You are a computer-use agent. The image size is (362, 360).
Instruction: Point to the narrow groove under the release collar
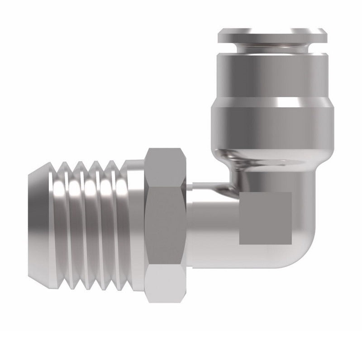pyautogui.click(x=271, y=46)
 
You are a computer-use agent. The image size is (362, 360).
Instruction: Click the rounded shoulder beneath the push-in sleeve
pyautogui.click(x=271, y=156)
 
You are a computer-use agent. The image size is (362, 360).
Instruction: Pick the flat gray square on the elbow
pyautogui.click(x=265, y=218)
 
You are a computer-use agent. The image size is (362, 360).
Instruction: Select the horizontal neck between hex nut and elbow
pyautogui.click(x=210, y=226)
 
